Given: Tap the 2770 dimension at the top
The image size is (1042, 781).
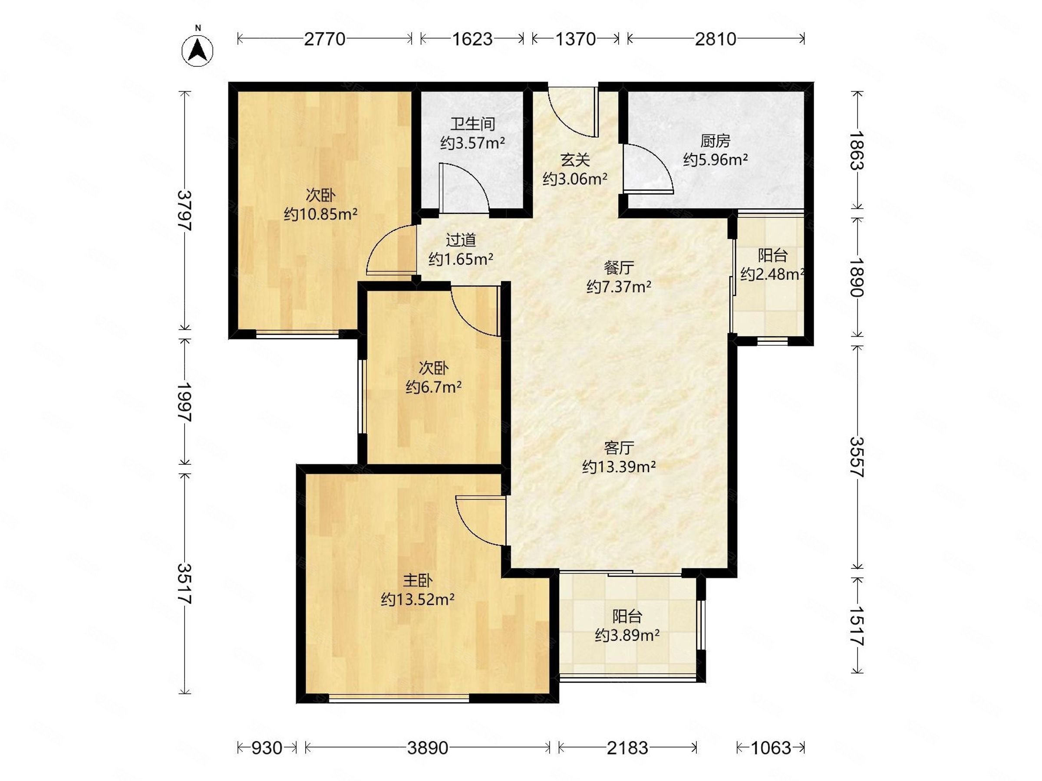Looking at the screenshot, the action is (325, 39).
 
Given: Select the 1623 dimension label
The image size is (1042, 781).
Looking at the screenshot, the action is (472, 39).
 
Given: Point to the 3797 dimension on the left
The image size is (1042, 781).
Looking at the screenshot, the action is (185, 210).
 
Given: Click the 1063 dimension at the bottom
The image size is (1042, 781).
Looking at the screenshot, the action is (771, 748).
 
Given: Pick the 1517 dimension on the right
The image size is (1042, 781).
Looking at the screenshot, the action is (857, 626).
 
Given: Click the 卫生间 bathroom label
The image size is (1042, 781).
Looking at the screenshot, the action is (472, 124).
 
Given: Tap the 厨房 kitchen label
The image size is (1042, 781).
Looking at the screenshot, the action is (715, 141).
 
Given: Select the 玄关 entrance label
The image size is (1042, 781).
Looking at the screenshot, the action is (575, 160).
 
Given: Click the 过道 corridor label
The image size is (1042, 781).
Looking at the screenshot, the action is (461, 240).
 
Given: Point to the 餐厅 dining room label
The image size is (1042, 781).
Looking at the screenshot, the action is (619, 267).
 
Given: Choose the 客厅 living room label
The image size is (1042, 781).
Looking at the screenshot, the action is (619, 447).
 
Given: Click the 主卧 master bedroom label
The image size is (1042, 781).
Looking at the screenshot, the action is (417, 581).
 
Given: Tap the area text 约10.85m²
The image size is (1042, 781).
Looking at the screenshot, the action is (320, 214).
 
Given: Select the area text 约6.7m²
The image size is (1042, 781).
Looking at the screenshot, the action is (433, 387).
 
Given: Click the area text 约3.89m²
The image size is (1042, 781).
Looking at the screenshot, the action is (627, 636).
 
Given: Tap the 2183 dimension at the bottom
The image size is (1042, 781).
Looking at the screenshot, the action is (627, 748).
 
